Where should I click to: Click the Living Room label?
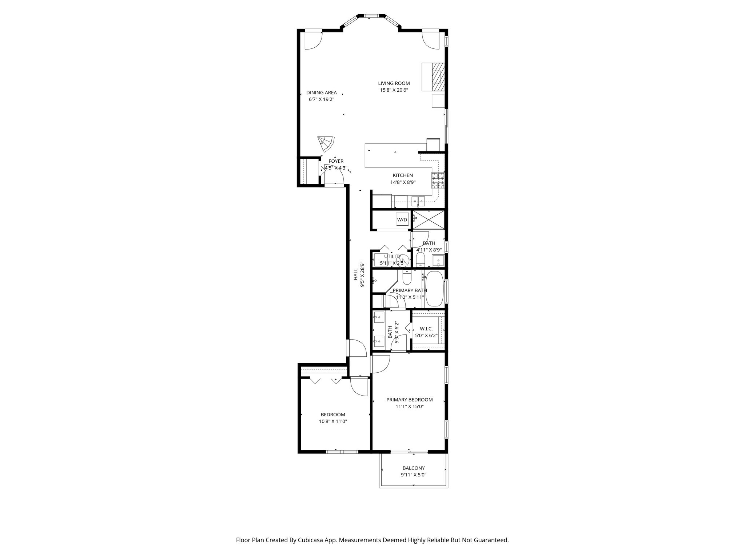[x=394, y=83]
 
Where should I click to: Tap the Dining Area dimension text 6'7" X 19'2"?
[x=321, y=99]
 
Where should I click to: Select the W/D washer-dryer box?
[x=402, y=219]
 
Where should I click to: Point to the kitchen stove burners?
[x=438, y=181]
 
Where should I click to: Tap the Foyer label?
[x=336, y=161]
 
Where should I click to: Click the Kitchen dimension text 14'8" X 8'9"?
[x=403, y=182]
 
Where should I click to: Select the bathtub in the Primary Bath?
[x=434, y=289]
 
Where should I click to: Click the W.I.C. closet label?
[x=426, y=329]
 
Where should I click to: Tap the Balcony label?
[x=414, y=468]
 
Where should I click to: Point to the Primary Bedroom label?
[x=410, y=400]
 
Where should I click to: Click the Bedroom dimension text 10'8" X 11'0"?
[x=333, y=421]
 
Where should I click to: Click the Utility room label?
[x=393, y=256]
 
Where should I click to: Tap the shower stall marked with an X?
[x=429, y=220]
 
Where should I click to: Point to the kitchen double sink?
[x=418, y=200]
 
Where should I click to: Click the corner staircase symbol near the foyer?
[x=71, y=144]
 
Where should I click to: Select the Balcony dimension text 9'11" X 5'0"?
[x=414, y=475]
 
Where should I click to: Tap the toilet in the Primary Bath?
[x=407, y=277]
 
